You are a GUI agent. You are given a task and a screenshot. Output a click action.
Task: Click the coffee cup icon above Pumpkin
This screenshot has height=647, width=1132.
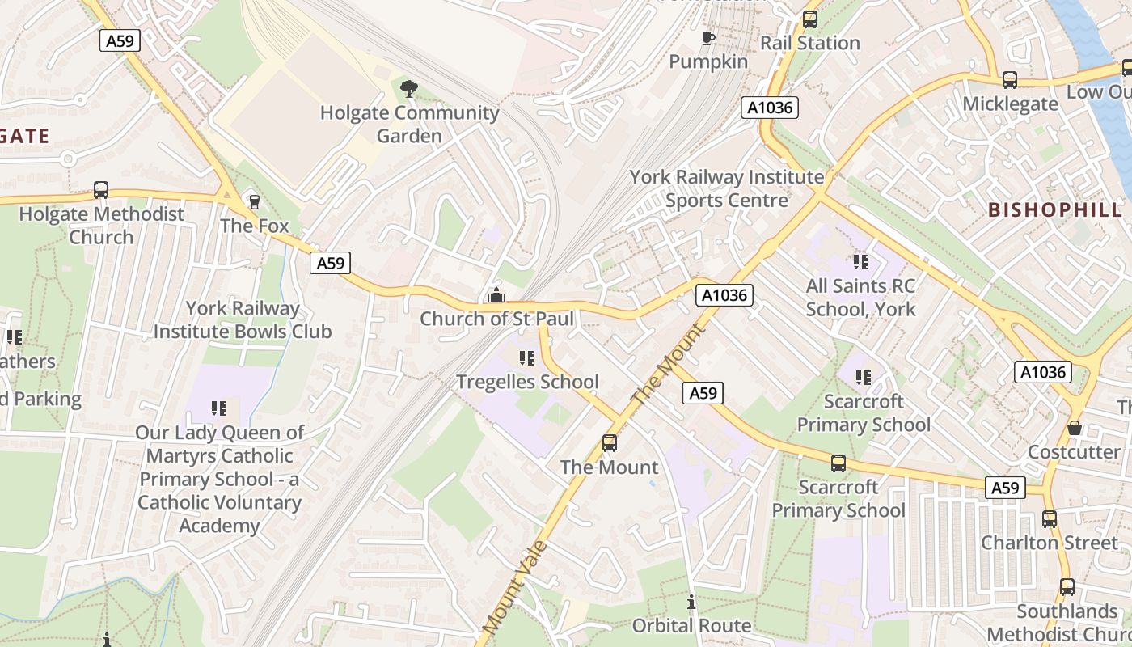(707, 38)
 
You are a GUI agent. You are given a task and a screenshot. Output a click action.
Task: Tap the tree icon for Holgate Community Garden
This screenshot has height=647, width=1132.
(409, 88)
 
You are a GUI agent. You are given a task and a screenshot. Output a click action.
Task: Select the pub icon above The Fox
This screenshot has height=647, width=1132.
(254, 201)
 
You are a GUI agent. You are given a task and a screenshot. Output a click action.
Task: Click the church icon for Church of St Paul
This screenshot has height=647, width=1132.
(496, 296)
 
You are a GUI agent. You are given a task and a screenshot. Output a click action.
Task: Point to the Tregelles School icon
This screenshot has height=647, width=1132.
(527, 357)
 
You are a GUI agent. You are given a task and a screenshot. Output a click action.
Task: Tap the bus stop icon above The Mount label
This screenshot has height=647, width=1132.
(610, 443)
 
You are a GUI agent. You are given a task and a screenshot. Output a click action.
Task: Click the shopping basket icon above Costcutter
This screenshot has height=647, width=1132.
(1074, 428)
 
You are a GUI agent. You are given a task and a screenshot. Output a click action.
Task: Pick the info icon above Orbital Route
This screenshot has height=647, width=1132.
(691, 602)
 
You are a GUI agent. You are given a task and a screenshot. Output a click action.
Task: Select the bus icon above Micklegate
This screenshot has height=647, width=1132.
(1010, 79)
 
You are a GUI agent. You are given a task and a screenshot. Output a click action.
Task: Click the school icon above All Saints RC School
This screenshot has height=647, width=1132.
(860, 261)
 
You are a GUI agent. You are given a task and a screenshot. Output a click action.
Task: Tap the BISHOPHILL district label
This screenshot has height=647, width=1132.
(1055, 209)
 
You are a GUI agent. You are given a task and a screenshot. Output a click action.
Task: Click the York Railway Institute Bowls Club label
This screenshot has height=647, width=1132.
(243, 320)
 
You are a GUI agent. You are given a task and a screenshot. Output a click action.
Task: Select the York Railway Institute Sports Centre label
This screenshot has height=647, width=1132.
(727, 188)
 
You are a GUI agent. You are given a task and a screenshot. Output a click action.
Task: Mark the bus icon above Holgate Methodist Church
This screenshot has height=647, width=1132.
(101, 190)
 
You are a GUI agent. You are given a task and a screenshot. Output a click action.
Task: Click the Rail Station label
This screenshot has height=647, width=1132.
(809, 43)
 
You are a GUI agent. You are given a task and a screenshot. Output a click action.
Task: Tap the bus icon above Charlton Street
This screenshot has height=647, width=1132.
(1050, 518)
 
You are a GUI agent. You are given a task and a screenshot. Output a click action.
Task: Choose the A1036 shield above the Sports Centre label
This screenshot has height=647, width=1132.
(771, 107)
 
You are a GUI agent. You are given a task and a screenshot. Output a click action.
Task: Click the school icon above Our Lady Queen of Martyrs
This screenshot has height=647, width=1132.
(218, 408)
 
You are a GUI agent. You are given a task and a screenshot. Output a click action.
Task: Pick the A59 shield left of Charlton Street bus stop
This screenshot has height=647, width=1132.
(1005, 488)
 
